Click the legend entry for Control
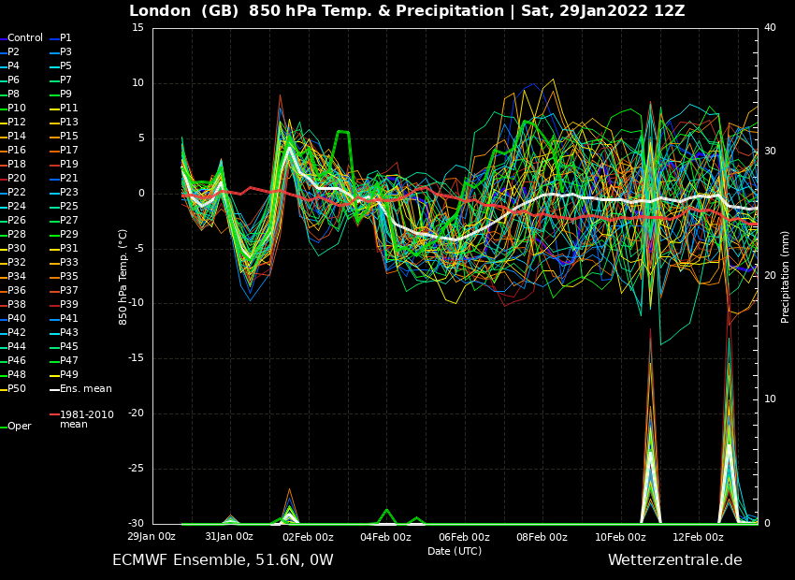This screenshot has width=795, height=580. pos(22,38)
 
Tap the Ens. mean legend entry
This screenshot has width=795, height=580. pos(81,389)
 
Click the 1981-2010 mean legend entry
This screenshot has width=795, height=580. pos(82,419)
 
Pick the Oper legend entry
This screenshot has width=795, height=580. pos(16,427)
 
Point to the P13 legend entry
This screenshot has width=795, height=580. pos(65,123)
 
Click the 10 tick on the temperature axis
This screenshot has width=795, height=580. pos(138,82)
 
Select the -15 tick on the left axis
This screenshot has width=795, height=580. pos(137,358)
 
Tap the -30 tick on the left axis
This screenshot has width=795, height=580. pos(137,523)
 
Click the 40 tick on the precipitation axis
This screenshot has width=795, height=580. pos(770,27)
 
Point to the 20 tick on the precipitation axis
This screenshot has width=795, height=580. pos(770,275)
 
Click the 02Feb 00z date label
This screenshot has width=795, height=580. pos(308,537)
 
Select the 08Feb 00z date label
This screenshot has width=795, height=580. pos(542,537)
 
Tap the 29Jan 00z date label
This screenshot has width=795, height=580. pos(152,536)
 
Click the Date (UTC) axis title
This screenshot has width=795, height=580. pos(455,551)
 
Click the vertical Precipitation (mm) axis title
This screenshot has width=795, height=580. pos(785,276)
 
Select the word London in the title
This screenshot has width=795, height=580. pos(160,10)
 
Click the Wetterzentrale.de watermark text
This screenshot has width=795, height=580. pos(675,560)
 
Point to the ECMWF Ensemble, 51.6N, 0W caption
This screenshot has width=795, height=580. pos(224,560)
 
